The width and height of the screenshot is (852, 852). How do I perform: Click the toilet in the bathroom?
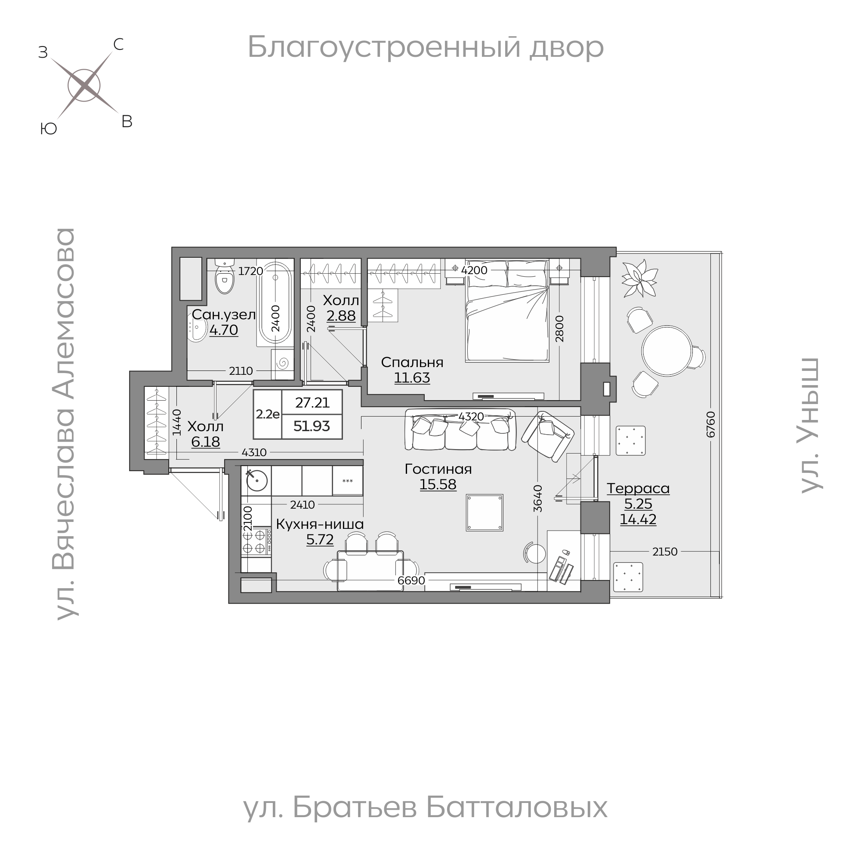point(225,278)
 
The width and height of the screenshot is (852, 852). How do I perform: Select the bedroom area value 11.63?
point(412,378)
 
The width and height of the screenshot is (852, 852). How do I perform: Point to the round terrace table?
point(667,351)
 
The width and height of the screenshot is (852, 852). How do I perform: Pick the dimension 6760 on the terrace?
point(710,424)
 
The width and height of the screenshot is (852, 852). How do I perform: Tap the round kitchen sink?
point(256,480)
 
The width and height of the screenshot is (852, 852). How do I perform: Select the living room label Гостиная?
point(438,469)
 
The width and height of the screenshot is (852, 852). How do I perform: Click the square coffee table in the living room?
point(485,512)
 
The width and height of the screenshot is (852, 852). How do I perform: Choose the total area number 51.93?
point(312,426)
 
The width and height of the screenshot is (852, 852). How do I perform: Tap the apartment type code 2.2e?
point(268,414)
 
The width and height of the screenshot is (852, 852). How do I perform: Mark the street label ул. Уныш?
point(810,426)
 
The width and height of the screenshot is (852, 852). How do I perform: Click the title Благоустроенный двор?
point(426,47)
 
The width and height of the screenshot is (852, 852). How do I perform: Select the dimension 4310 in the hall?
point(254,452)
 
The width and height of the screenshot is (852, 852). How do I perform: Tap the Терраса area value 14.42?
point(638,519)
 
